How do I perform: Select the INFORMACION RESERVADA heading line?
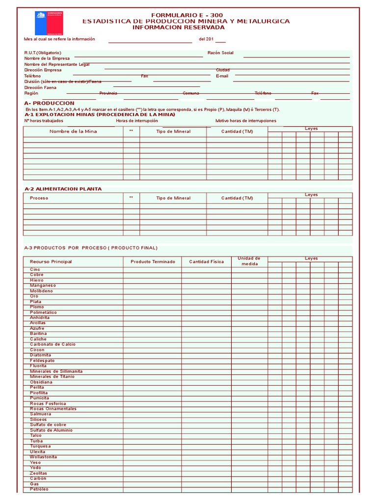pyautogui.click(x=179, y=28)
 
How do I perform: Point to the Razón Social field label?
pyautogui.click(x=220, y=53)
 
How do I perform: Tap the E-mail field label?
pyautogui.click(x=222, y=76)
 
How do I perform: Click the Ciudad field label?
pyautogui.click(x=222, y=70)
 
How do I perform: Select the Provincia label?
pyautogui.click(x=108, y=93)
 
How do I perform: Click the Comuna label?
pyautogui.click(x=191, y=93)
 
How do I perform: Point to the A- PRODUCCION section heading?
pyautogui.click(x=49, y=103)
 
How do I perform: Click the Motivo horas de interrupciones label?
pyautogui.click(x=245, y=121)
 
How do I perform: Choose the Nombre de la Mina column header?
pyautogui.click(x=73, y=132)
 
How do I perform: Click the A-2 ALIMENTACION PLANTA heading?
pyautogui.click(x=63, y=189)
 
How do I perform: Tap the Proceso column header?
pyautogui.click(x=39, y=198)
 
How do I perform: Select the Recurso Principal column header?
pyautogui.click(x=51, y=262)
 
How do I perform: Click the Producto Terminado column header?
pyautogui.click(x=153, y=262)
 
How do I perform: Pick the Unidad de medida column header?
pyautogui.click(x=249, y=261)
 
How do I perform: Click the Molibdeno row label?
pyautogui.click(x=41, y=291)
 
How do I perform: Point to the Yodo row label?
pyautogui.click(x=35, y=468)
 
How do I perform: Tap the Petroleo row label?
pyautogui.click(x=39, y=489)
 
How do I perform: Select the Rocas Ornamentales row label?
pyautogui.click(x=53, y=409)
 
